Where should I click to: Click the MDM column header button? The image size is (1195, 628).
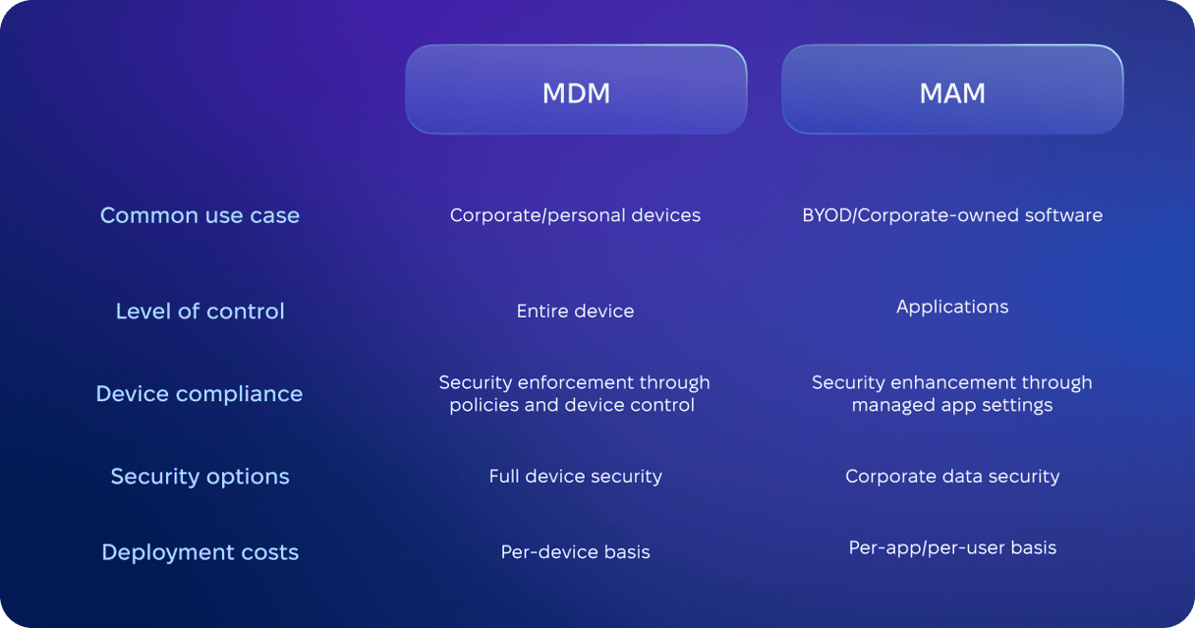point(576,89)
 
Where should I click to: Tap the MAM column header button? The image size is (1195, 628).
point(952,89)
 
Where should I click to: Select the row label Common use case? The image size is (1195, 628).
point(199,215)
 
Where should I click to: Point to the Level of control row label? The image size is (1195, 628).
point(200,312)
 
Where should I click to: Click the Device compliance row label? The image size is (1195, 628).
point(199,395)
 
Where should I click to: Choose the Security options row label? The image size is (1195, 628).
point(200,477)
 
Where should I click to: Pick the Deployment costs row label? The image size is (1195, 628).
point(200,552)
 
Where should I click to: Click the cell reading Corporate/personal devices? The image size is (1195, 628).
point(575,215)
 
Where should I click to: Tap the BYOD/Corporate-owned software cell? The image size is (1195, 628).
point(952,215)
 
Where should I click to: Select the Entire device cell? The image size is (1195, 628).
point(575,312)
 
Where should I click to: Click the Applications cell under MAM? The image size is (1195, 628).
point(952,308)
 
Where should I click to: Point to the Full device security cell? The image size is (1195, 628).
point(575,477)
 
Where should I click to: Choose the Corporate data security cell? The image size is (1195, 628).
point(952,477)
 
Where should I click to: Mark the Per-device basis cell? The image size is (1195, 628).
point(575,552)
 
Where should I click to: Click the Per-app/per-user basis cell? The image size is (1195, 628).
point(952,548)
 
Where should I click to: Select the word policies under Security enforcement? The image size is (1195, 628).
point(484,406)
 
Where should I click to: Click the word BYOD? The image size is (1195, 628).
point(827,215)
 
